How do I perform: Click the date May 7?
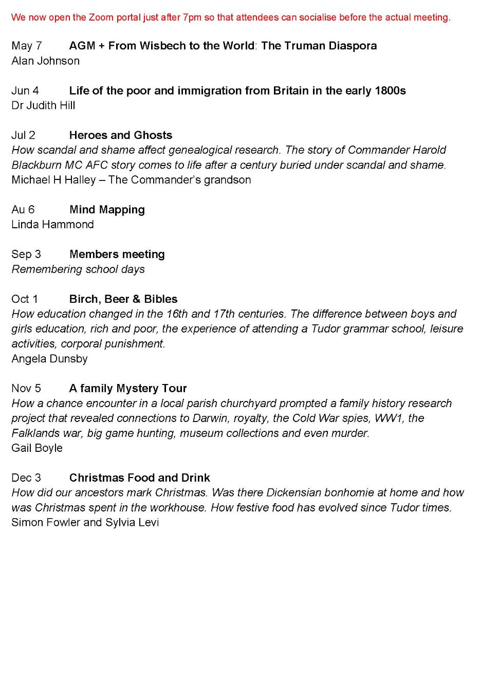[x=27, y=46]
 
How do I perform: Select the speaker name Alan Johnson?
[x=45, y=61]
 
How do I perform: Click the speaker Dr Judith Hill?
[x=43, y=105]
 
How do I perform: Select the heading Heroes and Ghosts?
[x=121, y=135]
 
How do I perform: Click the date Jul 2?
[x=24, y=135]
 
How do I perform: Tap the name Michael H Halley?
[x=53, y=180]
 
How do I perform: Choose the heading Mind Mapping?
[x=107, y=210]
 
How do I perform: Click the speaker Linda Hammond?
[x=52, y=225]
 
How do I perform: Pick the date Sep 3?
[x=26, y=254]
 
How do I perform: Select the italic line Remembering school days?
[x=78, y=269]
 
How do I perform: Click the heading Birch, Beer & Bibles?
[x=123, y=299]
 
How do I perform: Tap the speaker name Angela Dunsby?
[x=49, y=359]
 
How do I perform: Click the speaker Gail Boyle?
[x=37, y=448]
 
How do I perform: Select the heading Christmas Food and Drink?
[x=140, y=478]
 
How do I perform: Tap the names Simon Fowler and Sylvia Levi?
[x=85, y=523]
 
